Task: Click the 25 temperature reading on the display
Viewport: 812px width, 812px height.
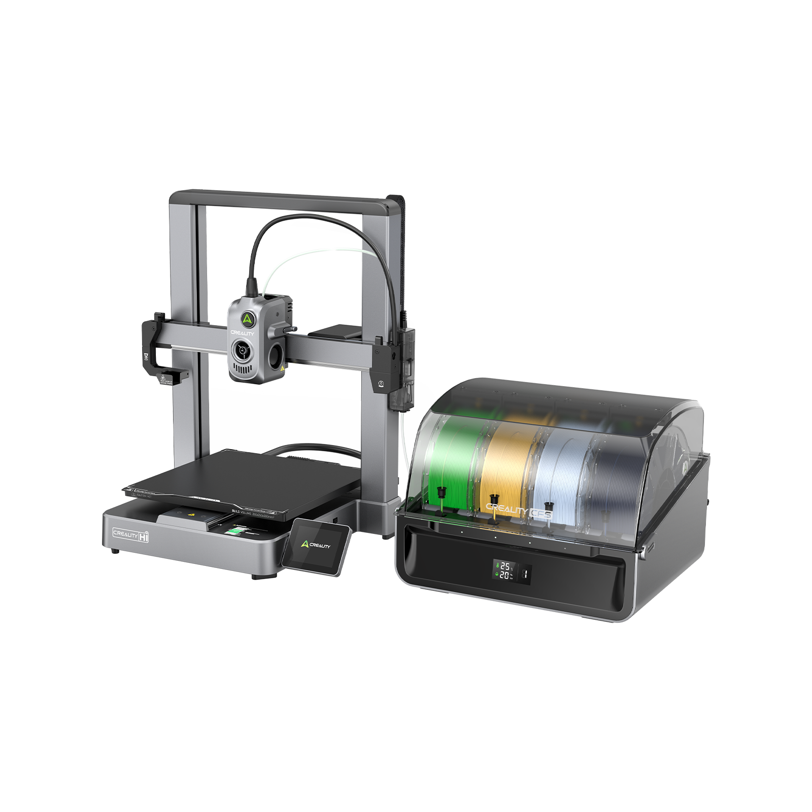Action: click(505, 566)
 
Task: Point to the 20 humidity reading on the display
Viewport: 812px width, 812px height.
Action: click(504, 576)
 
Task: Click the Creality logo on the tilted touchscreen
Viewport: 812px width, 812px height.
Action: click(316, 545)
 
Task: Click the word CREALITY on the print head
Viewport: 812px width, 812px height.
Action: click(242, 333)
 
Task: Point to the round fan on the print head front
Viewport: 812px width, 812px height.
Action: click(242, 350)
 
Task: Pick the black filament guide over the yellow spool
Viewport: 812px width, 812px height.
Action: click(493, 499)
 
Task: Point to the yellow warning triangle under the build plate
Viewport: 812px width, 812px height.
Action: click(191, 514)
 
